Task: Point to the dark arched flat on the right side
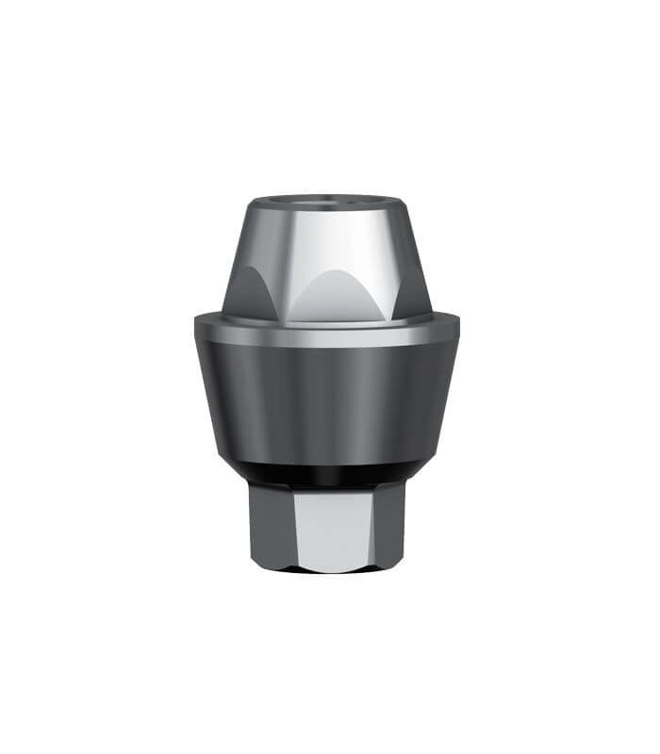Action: point(412,292)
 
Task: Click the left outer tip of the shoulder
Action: point(196,321)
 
